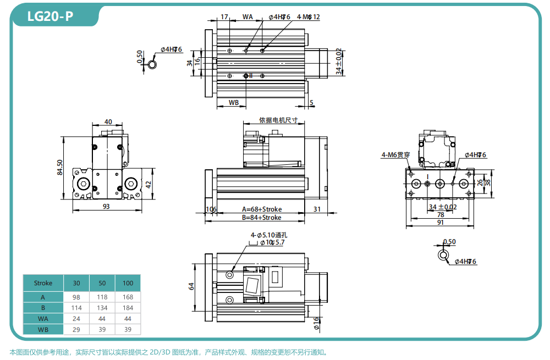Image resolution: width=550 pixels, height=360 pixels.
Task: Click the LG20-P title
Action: click(x=50, y=16)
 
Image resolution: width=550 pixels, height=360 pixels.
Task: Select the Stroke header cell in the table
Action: click(x=43, y=283)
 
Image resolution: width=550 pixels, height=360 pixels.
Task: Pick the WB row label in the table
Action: click(x=43, y=329)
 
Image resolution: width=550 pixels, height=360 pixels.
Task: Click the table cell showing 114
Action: click(x=76, y=308)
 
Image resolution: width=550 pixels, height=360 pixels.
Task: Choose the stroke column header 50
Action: click(x=102, y=283)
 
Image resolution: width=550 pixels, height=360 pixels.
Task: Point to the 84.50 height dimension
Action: click(x=61, y=168)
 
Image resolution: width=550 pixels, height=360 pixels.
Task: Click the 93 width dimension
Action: click(x=106, y=206)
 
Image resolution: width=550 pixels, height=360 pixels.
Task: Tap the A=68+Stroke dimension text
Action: click(x=261, y=209)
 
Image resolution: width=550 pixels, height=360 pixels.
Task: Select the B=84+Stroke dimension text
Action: click(x=261, y=218)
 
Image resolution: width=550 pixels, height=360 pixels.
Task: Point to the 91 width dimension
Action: click(x=441, y=223)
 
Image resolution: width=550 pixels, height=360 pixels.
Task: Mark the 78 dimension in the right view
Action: click(x=441, y=215)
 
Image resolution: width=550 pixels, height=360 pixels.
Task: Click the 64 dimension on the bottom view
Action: click(x=191, y=286)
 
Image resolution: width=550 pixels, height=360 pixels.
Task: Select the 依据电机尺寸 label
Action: click(x=278, y=120)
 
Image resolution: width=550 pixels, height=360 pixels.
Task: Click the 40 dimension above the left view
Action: click(x=108, y=121)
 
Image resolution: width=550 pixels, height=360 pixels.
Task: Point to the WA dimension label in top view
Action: click(x=248, y=17)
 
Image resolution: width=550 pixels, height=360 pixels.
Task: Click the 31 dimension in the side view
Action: click(x=317, y=209)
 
